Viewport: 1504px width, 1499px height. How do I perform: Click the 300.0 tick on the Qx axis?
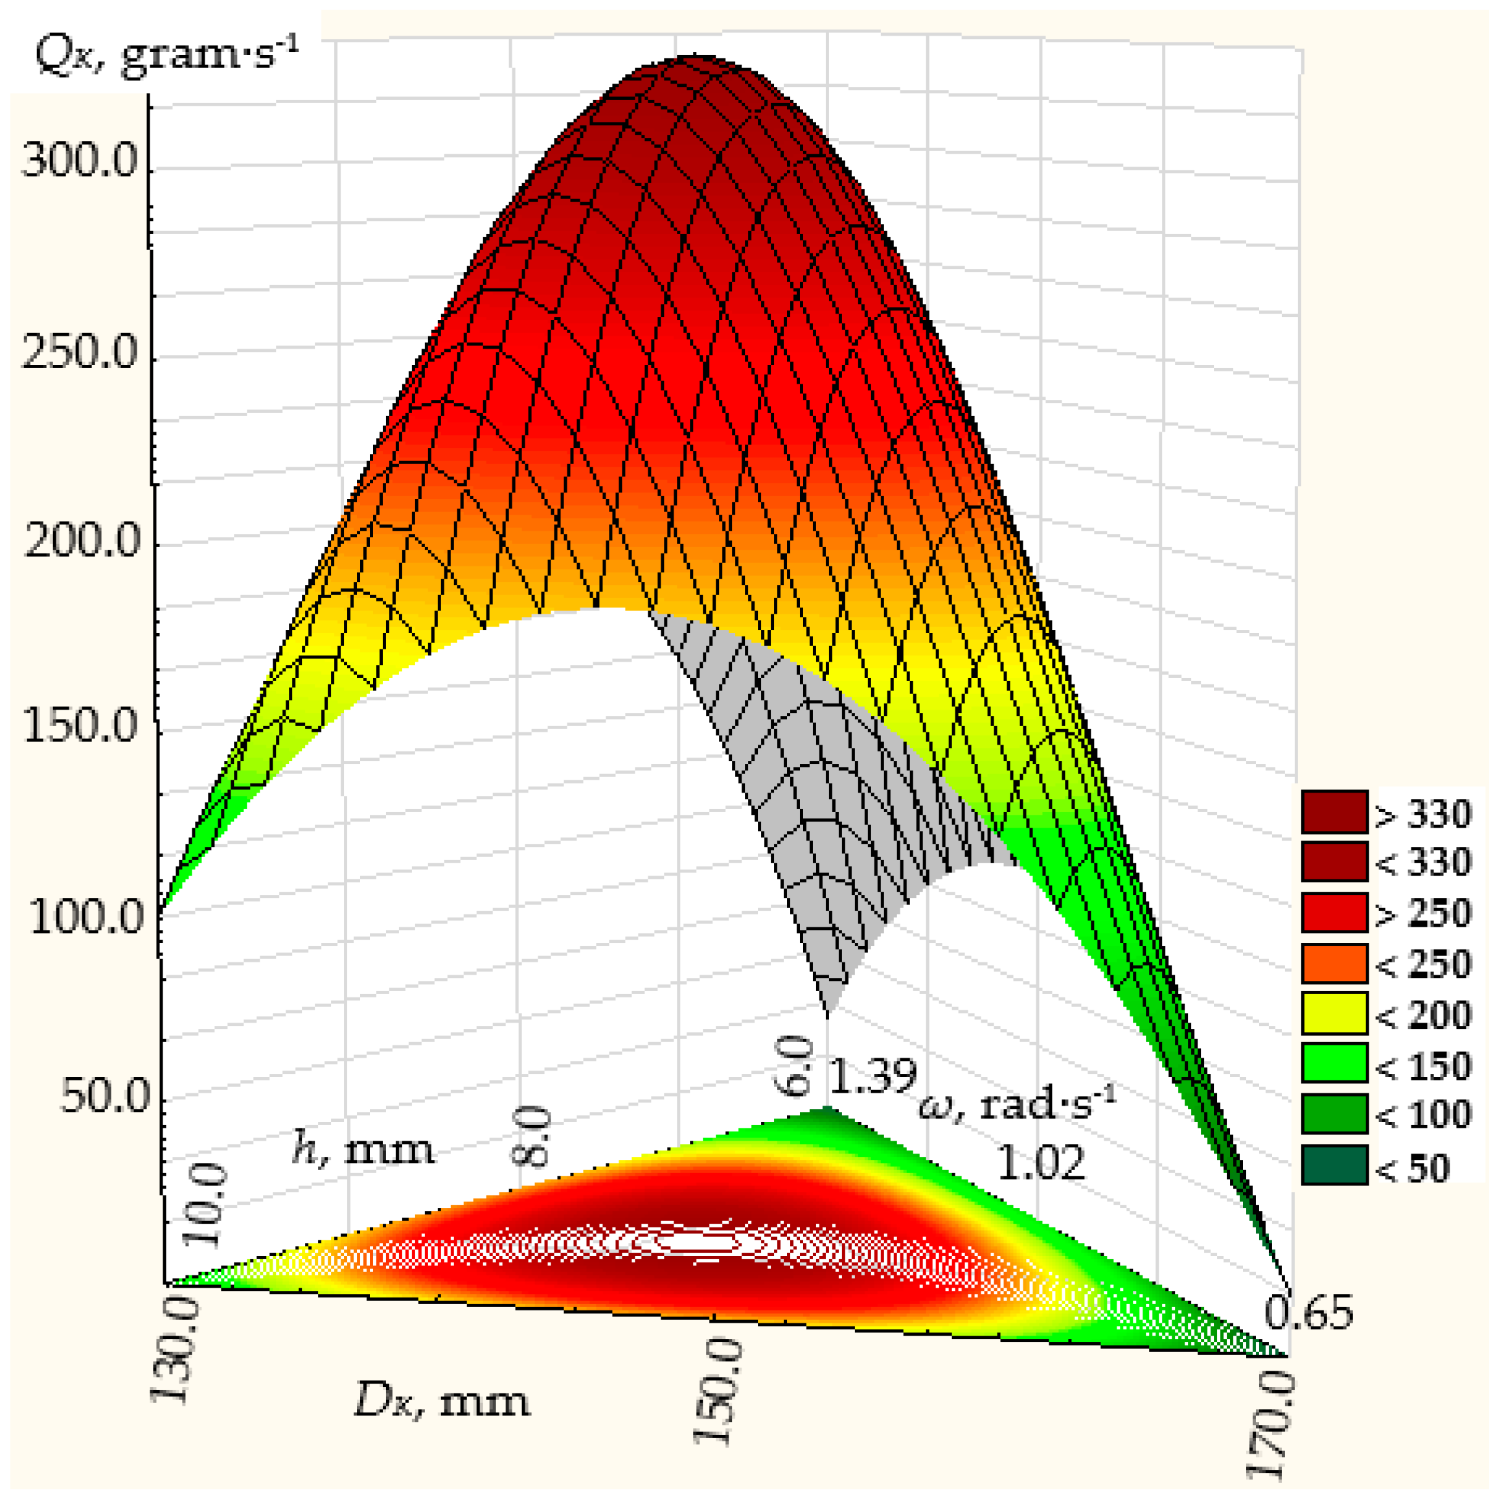pyautogui.click(x=80, y=163)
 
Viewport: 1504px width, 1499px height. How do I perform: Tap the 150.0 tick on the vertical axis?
pyautogui.click(x=81, y=726)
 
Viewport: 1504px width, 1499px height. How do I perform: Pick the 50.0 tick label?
pyautogui.click(x=104, y=1097)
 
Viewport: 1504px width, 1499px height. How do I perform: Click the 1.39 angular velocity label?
pyautogui.click(x=872, y=1076)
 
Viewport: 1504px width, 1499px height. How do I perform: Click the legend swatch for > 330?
pyautogui.click(x=1334, y=812)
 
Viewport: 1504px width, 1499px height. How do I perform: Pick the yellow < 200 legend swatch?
pyautogui.click(x=1334, y=1013)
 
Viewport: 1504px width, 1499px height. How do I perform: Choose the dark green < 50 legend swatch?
pyautogui.click(x=1334, y=1166)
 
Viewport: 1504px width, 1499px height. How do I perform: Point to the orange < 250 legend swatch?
pyautogui.click(x=1334, y=963)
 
